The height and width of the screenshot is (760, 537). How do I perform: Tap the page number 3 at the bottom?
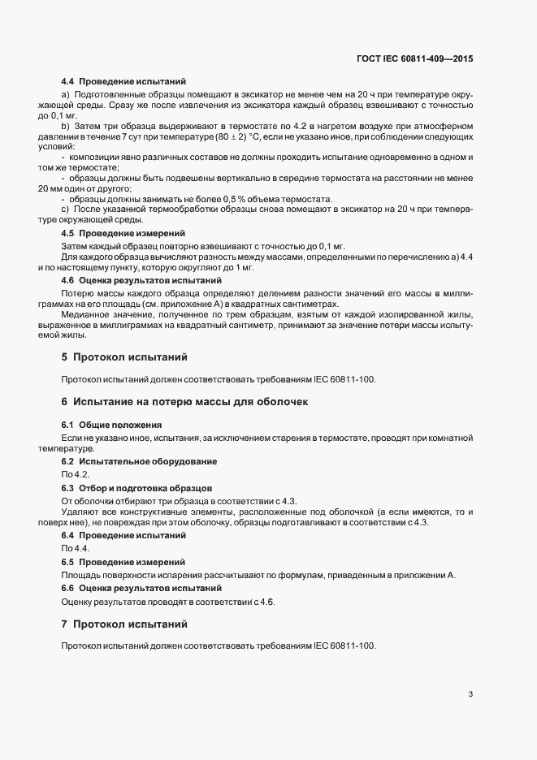(471, 694)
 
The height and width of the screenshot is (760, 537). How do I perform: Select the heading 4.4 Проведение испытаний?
(123, 82)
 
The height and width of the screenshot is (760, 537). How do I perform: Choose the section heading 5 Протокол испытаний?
(123, 356)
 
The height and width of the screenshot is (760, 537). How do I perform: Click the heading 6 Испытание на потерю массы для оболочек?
(184, 402)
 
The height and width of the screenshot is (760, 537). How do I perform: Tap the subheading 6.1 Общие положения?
(112, 425)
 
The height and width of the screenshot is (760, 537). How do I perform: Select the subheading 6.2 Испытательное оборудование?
(139, 462)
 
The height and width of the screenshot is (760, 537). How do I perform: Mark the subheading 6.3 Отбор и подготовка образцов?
(136, 488)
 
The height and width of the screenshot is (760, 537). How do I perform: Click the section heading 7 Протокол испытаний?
(123, 624)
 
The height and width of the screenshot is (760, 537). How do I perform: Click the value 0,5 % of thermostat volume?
(240, 199)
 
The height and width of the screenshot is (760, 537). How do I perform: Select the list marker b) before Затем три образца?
(65, 127)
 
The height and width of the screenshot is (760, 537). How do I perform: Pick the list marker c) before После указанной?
(65, 210)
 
